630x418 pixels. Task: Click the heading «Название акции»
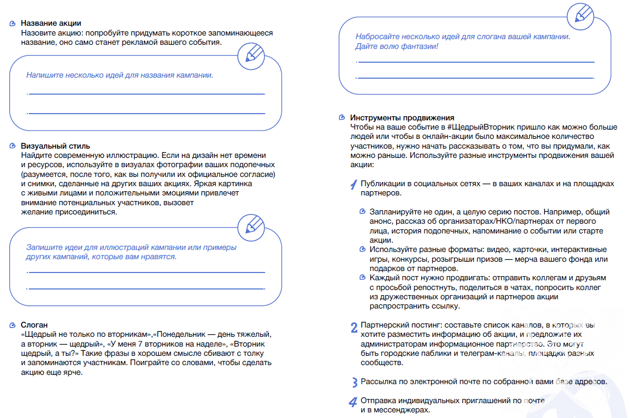(x=51, y=24)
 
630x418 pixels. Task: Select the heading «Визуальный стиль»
(x=55, y=147)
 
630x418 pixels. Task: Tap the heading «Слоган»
(x=34, y=325)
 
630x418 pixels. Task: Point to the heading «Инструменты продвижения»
(x=402, y=118)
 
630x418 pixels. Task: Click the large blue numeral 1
(x=354, y=185)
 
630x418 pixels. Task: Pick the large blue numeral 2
(x=354, y=328)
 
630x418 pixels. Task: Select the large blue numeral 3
(x=354, y=383)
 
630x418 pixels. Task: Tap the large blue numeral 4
(x=353, y=402)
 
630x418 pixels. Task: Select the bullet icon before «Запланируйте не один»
(x=363, y=212)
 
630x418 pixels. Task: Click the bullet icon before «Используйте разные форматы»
(x=363, y=249)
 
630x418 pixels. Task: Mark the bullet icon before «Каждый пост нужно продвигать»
(x=363, y=278)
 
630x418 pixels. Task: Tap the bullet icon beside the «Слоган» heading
(x=13, y=325)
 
